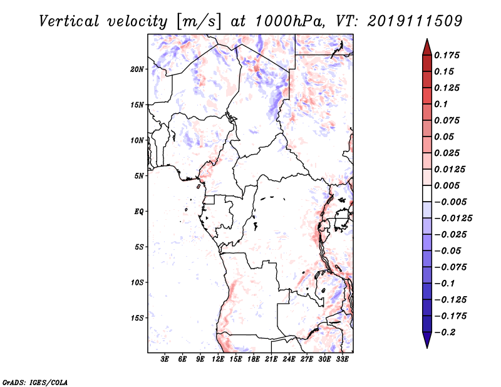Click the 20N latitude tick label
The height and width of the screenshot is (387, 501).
(x=137, y=69)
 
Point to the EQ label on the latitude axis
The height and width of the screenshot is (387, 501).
(x=139, y=212)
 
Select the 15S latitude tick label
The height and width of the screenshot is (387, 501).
(x=137, y=318)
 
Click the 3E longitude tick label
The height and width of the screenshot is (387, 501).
(x=165, y=359)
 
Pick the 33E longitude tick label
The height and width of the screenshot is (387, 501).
(x=342, y=359)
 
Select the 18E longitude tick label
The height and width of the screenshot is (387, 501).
(x=254, y=359)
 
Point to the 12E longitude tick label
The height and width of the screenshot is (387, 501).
(x=218, y=359)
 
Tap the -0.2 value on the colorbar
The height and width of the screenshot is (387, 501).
(x=448, y=332)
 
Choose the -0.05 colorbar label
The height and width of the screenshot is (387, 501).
(x=450, y=250)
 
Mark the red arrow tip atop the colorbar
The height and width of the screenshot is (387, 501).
(x=426, y=43)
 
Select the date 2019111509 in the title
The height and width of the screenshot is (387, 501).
(x=414, y=21)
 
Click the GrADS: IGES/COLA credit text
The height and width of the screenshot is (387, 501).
(x=35, y=381)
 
